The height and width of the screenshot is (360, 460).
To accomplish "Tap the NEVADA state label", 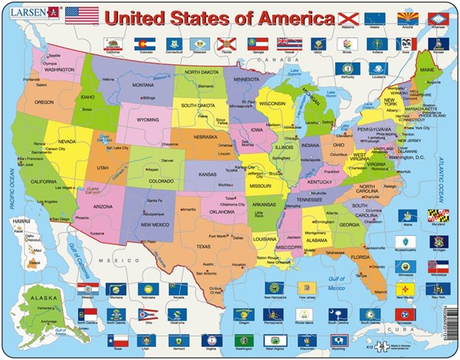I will click(67, 142).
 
